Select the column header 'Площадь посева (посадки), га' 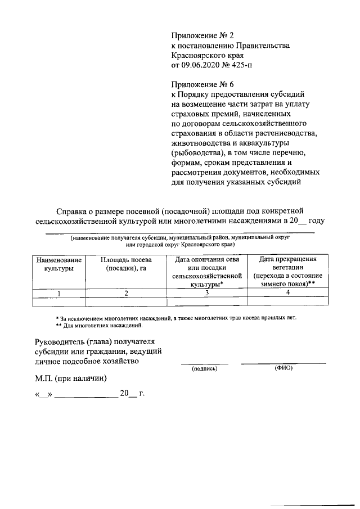[126, 264]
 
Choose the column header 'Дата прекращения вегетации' [287, 264]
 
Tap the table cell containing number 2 [126, 293]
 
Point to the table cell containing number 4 [287, 293]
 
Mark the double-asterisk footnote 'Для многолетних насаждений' [99, 326]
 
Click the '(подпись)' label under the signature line [204, 369]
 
